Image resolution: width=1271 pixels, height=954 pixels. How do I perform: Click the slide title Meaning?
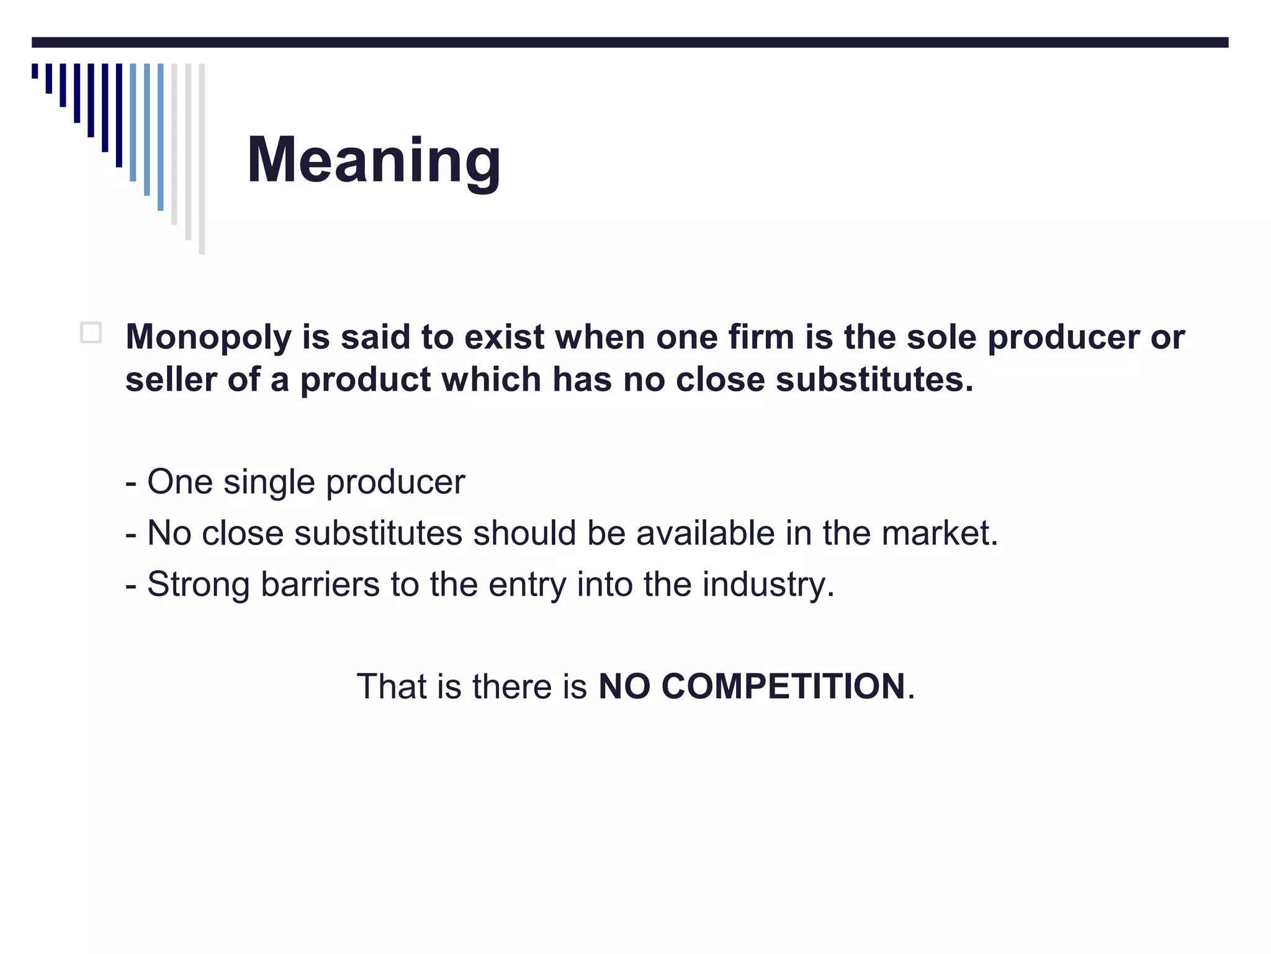point(374,160)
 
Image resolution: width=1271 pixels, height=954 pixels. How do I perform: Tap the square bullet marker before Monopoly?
point(91,333)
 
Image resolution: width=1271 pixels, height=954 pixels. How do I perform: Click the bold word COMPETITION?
point(783,686)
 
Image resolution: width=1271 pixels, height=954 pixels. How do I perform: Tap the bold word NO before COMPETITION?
point(623,686)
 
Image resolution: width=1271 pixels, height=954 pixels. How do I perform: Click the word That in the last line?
point(392,686)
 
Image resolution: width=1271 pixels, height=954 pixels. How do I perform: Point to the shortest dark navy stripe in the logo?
point(35,71)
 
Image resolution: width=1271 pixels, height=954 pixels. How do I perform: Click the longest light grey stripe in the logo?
point(202,158)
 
